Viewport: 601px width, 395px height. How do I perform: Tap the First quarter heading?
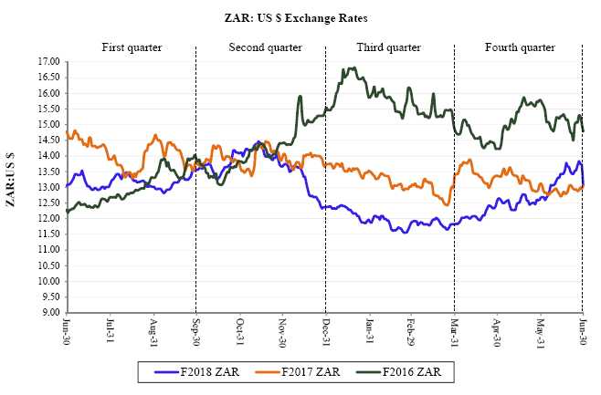[132, 47]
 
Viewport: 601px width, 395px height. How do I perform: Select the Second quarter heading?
[259, 47]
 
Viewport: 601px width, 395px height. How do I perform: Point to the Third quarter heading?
[389, 47]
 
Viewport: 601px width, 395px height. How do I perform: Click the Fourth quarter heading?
[518, 47]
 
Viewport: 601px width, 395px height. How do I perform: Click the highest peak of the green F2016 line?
[352, 68]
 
